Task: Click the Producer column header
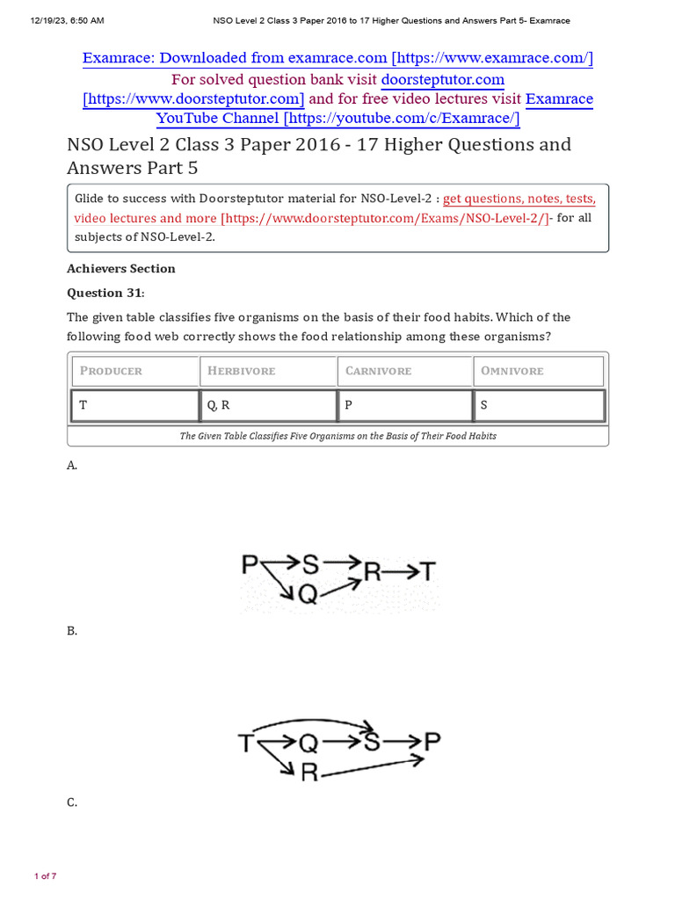click(x=134, y=371)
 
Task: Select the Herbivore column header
click(x=268, y=371)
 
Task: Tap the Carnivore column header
click(x=404, y=371)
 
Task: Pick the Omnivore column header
click(x=538, y=371)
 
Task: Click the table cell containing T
click(x=134, y=406)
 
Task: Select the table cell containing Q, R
click(x=268, y=406)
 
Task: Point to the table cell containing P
click(x=404, y=406)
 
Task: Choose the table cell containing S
click(x=538, y=406)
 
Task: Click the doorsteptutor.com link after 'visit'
click(x=442, y=79)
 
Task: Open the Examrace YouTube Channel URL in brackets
click(x=337, y=119)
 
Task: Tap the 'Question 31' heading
click(x=105, y=293)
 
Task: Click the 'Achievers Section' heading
click(x=121, y=269)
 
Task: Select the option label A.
click(x=72, y=466)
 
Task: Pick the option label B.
click(x=72, y=631)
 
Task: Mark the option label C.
click(x=72, y=802)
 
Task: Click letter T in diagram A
click(x=426, y=572)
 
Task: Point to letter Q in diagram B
click(x=308, y=744)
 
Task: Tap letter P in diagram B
click(x=431, y=744)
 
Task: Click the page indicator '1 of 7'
click(x=45, y=876)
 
